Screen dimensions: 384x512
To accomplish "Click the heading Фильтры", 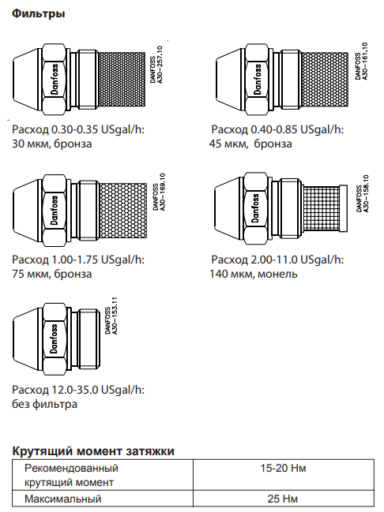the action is (x=38, y=13).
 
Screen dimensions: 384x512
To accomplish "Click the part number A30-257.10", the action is (x=160, y=65).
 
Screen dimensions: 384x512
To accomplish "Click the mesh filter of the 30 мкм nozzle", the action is (x=122, y=80).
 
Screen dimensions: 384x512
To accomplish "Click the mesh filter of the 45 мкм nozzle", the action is (x=325, y=80).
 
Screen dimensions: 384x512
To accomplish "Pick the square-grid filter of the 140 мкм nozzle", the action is (x=322, y=207).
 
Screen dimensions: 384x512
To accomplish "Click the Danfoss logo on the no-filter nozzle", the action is (x=54, y=338).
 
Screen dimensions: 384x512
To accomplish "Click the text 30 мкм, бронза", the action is (x=52, y=144).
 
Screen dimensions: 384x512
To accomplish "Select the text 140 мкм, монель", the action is (x=254, y=274).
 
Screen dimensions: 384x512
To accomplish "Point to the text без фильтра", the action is (x=45, y=404).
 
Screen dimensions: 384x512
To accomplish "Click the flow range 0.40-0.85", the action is (x=273, y=129).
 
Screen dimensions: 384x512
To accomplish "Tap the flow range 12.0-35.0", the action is (x=75, y=390).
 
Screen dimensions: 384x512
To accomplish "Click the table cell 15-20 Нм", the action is (x=283, y=469).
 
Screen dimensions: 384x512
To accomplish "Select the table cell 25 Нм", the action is (x=283, y=499).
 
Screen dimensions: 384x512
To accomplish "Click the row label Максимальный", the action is (x=63, y=499).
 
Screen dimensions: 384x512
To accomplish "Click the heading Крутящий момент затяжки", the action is (x=93, y=451).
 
